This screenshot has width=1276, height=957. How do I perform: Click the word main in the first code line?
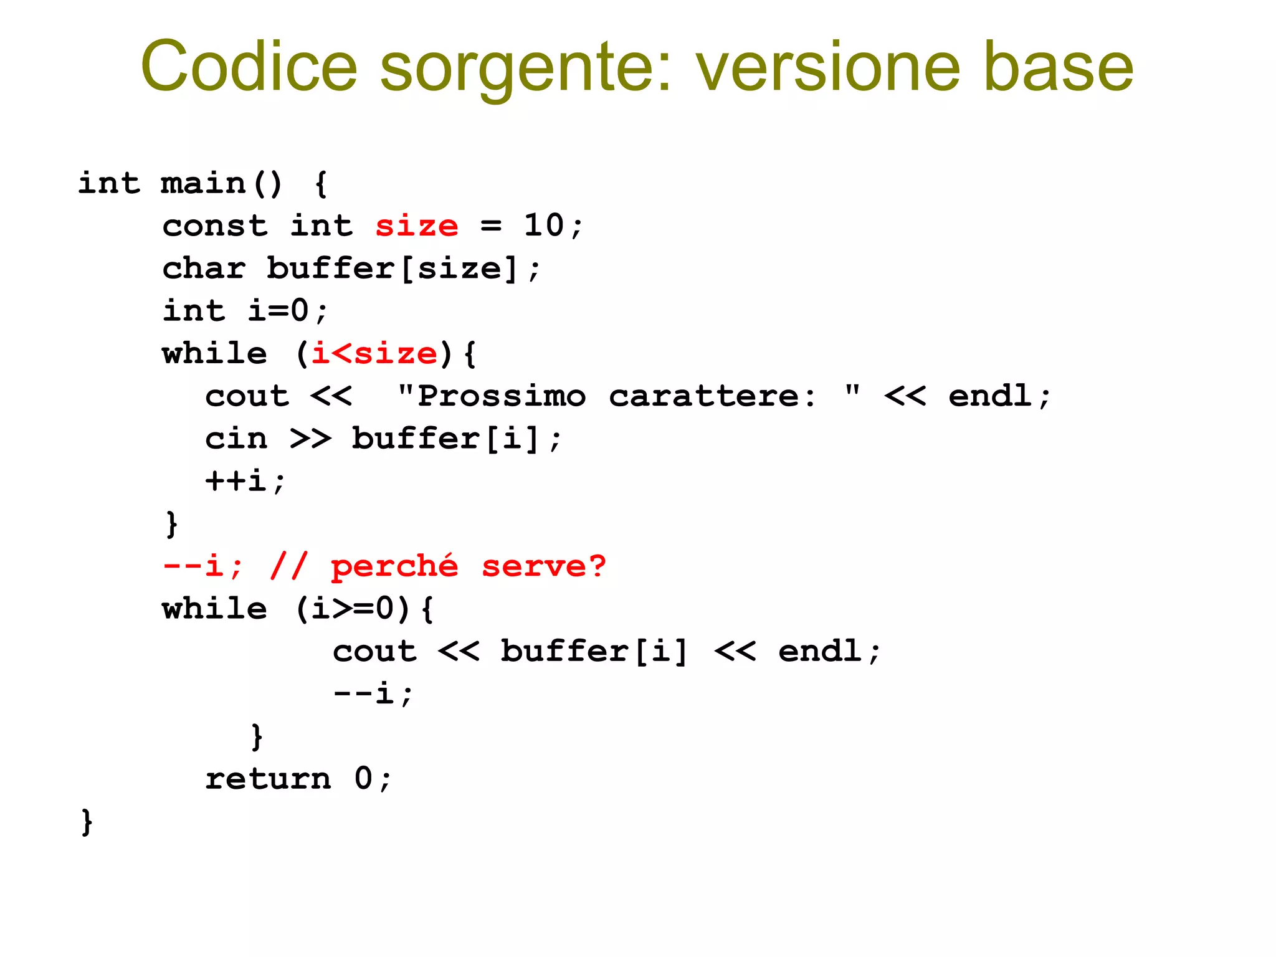click(203, 183)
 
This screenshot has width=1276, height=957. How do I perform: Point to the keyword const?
click(215, 226)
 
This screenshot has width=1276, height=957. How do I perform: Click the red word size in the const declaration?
click(416, 226)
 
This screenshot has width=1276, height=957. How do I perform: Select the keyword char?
click(204, 269)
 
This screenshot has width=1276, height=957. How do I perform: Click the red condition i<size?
click(374, 354)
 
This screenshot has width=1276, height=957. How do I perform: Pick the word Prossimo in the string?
click(502, 396)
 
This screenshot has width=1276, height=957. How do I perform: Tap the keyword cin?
click(236, 439)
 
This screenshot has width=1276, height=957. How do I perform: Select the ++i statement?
click(244, 481)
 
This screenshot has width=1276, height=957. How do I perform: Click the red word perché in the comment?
click(394, 567)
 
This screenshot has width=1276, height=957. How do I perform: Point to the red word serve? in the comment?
click(543, 566)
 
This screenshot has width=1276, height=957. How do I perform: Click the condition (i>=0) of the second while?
click(353, 609)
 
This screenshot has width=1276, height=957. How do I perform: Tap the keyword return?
click(268, 779)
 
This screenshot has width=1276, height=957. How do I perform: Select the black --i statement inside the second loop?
click(373, 693)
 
